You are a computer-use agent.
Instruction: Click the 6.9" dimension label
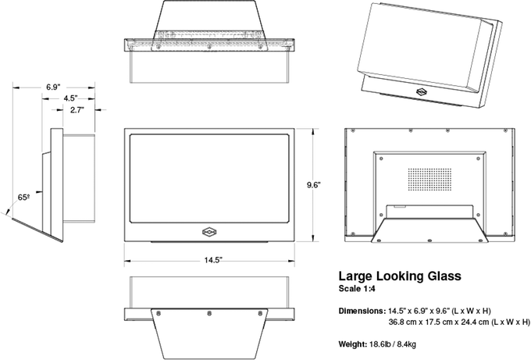click(x=54, y=84)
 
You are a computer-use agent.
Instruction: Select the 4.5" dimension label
click(x=71, y=98)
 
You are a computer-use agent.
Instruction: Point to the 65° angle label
click(x=24, y=198)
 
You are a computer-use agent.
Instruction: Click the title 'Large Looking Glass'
click(x=399, y=276)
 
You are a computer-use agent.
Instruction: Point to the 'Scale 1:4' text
click(x=358, y=290)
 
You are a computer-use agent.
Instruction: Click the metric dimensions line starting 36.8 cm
click(x=459, y=322)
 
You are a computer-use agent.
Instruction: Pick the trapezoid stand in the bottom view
click(x=208, y=332)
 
